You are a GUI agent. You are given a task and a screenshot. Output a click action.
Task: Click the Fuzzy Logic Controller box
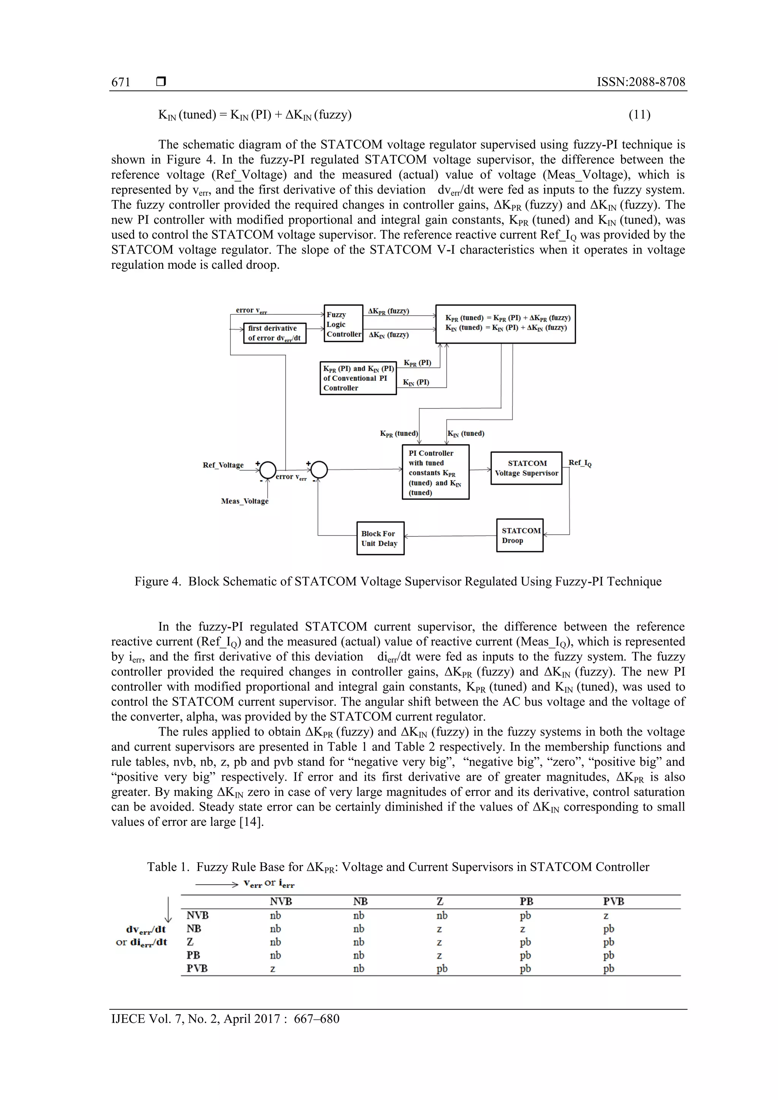343,324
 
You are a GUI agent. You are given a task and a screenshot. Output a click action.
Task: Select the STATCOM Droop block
520,535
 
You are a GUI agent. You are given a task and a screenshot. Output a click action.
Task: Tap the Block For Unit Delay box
380,538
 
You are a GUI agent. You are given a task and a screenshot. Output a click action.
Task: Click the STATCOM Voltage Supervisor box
527,468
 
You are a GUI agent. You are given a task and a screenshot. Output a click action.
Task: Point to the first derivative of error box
275,333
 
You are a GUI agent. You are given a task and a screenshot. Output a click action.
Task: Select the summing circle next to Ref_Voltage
268,470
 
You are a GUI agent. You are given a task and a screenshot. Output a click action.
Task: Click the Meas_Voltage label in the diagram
245,501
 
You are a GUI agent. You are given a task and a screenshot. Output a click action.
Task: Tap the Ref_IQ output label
580,463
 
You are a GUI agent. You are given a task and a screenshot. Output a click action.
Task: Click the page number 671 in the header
121,82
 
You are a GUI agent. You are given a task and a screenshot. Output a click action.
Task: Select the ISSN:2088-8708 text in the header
640,82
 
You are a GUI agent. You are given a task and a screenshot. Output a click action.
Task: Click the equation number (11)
639,115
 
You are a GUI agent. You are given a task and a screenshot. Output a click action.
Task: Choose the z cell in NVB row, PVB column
606,915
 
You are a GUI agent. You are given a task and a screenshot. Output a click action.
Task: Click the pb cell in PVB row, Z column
441,969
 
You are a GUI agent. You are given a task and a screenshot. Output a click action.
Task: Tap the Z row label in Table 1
190,942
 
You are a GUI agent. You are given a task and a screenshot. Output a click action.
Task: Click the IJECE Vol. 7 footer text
225,1019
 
